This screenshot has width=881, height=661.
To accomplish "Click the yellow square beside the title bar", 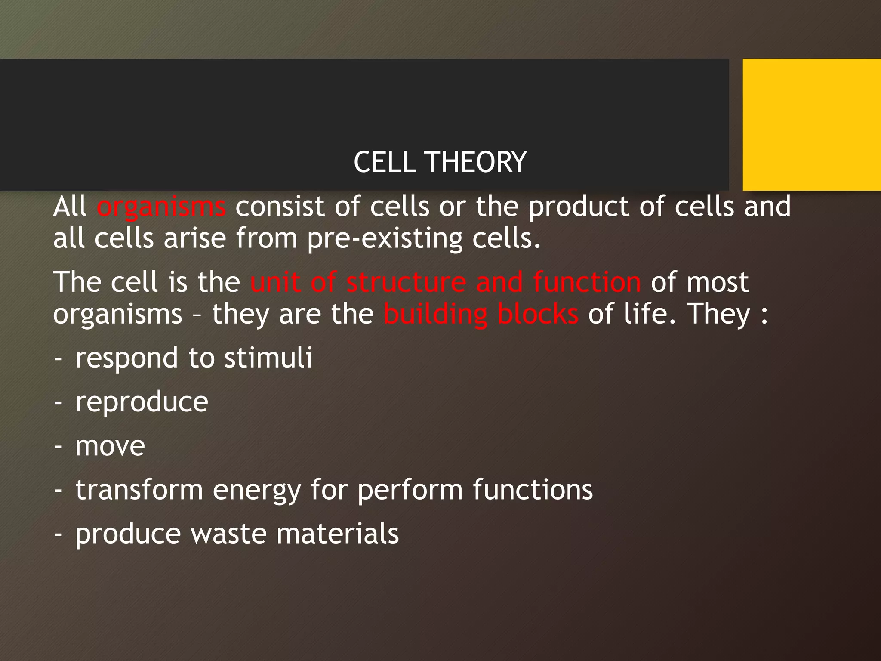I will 811,125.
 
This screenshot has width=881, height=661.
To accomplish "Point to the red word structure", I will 406,283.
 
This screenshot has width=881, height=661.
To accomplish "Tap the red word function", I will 587,283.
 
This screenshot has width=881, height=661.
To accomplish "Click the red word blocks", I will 538,315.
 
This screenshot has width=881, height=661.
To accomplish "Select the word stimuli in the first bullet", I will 268,358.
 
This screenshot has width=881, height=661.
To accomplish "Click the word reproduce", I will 142,402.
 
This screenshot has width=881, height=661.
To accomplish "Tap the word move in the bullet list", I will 110,446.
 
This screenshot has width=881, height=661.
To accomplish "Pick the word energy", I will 257,491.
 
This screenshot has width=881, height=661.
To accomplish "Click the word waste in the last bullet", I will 228,534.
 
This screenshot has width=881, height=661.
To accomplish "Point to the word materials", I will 337,534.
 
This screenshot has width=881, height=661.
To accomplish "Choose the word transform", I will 139,490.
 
